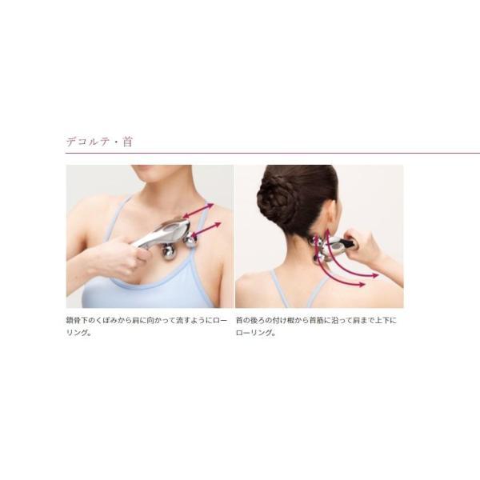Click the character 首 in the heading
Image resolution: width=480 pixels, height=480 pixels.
[x=127, y=142]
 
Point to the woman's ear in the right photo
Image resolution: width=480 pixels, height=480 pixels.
[x=330, y=226]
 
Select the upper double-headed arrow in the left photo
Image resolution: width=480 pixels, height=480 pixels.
[x=198, y=210]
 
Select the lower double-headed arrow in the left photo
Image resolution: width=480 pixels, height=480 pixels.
[x=206, y=229]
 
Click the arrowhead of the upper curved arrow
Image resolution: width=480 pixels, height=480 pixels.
[x=375, y=275]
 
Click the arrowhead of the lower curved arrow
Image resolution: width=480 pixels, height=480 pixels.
[x=362, y=285]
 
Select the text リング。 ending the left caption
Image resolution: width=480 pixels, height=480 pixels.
[x=78, y=333]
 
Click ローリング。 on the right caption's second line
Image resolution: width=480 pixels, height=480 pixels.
[x=256, y=333]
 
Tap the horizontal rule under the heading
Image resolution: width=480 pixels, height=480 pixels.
[x=273, y=153]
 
